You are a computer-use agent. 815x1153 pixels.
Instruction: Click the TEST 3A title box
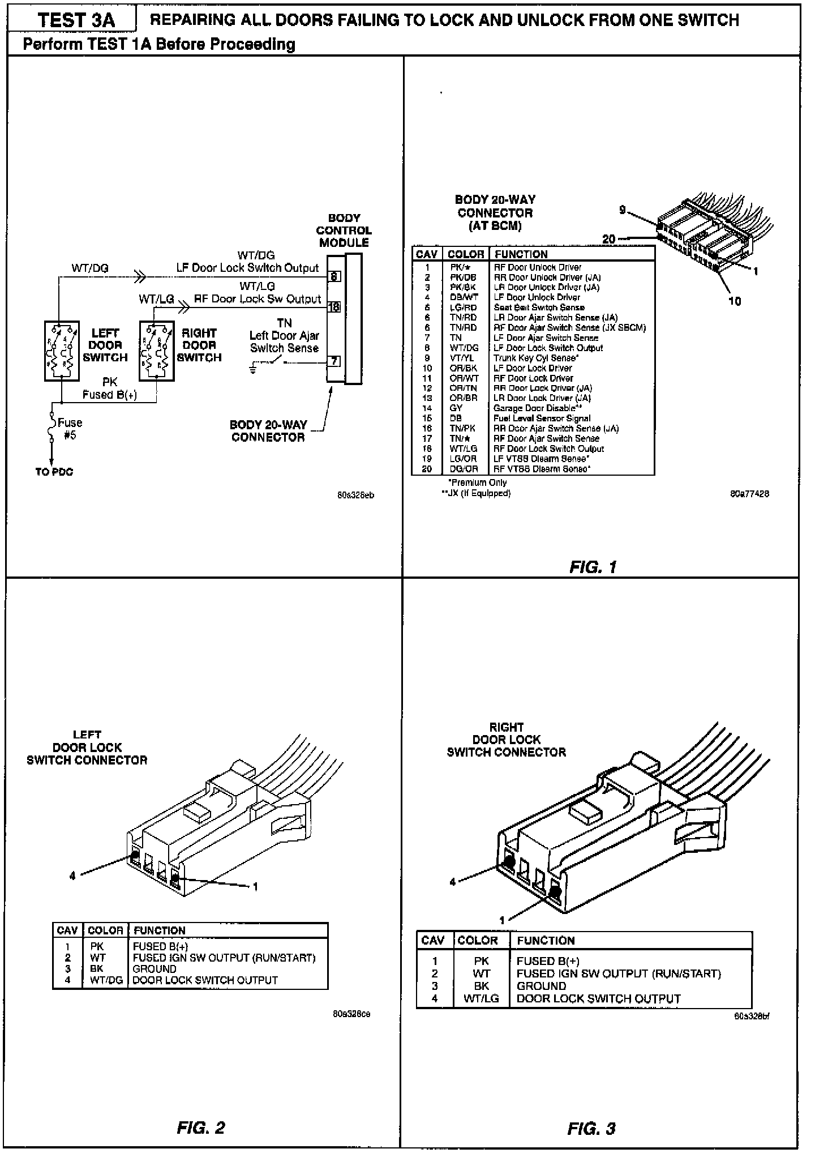pyautogui.click(x=76, y=20)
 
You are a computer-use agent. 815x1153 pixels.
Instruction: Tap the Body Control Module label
pyautogui.click(x=344, y=230)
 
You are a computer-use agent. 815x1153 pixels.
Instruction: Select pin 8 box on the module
pyautogui.click(x=334, y=276)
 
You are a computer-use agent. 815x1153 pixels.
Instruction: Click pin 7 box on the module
pyautogui.click(x=334, y=361)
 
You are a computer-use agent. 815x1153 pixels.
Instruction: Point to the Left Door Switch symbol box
pyautogui.click(x=62, y=351)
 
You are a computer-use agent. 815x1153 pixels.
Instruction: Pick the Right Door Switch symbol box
pyautogui.click(x=157, y=351)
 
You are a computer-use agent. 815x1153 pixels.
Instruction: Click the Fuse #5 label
pyautogui.click(x=70, y=429)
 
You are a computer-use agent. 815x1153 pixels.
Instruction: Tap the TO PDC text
pyautogui.click(x=54, y=472)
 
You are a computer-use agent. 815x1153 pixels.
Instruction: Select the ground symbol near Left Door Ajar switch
pyautogui.click(x=253, y=370)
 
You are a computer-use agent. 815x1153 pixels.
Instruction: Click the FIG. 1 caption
pyautogui.click(x=593, y=567)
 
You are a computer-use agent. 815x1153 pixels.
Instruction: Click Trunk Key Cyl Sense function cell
pyautogui.click(x=535, y=358)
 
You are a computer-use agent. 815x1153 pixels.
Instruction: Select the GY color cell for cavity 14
pyautogui.click(x=456, y=408)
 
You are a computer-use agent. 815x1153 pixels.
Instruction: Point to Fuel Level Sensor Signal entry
pyautogui.click(x=542, y=419)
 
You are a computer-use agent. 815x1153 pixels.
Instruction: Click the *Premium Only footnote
pyautogui.click(x=477, y=482)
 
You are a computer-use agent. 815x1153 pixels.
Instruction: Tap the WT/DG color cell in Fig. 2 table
pyautogui.click(x=106, y=980)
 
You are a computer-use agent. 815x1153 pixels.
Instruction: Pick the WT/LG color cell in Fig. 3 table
pyautogui.click(x=481, y=998)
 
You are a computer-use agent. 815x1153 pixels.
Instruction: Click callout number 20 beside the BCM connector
pyautogui.click(x=608, y=239)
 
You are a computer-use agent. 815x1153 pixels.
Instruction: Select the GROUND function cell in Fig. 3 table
pyautogui.click(x=542, y=986)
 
